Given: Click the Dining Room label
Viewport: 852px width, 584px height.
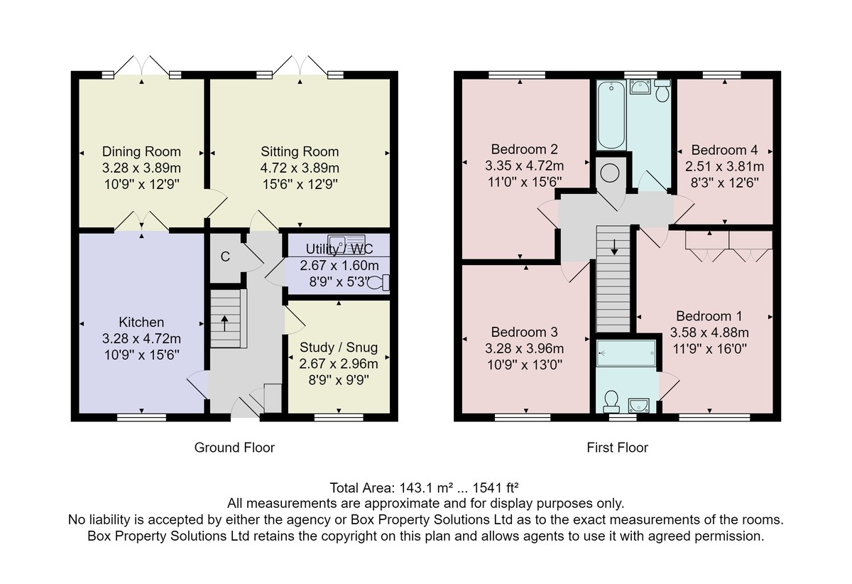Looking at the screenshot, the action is pyautogui.click(x=141, y=152).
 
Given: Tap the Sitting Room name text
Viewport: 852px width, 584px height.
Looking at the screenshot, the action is pyautogui.click(x=300, y=152).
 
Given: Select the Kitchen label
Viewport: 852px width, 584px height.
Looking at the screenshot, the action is pyautogui.click(x=141, y=323).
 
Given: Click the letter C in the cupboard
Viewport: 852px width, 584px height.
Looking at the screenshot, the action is pyautogui.click(x=225, y=257).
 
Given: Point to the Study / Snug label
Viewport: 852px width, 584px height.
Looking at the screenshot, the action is pyautogui.click(x=339, y=347).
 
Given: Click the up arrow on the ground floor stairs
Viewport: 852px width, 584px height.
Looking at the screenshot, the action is pyautogui.click(x=225, y=323).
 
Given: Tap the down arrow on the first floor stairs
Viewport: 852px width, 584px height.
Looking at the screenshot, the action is pyautogui.click(x=614, y=247).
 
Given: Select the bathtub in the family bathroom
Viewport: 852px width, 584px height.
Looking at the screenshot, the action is pyautogui.click(x=611, y=114).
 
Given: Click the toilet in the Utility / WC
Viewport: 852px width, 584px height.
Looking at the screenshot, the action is pyautogui.click(x=379, y=283).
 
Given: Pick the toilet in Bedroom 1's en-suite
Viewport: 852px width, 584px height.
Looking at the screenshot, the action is pyautogui.click(x=611, y=401).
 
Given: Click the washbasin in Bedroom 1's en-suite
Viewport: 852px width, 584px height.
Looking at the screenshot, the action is pyautogui.click(x=639, y=405).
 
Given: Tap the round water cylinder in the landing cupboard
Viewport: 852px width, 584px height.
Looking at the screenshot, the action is pyautogui.click(x=610, y=173).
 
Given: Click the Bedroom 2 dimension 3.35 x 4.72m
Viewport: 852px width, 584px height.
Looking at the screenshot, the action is pyautogui.click(x=524, y=166).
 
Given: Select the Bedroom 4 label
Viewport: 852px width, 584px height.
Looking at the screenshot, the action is pyautogui.click(x=724, y=151).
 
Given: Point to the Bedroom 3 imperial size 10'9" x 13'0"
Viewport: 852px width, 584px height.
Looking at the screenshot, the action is pyautogui.click(x=525, y=365).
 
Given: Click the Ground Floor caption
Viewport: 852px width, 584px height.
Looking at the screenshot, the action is pyautogui.click(x=234, y=448).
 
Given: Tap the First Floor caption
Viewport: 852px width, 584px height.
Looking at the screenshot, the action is pyautogui.click(x=617, y=448).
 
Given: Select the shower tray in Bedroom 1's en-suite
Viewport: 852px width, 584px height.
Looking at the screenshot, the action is pyautogui.click(x=626, y=353).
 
